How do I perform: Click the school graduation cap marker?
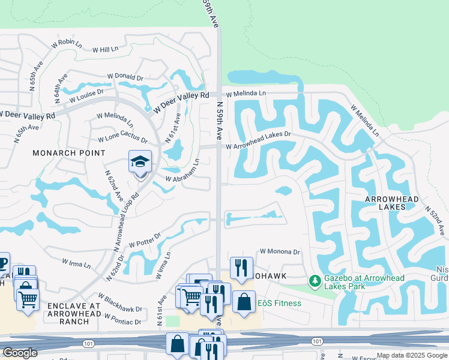pyautogui.click(x=140, y=163)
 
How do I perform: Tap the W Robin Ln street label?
pyautogui.click(x=66, y=43)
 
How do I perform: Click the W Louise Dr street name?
pyautogui.click(x=86, y=95)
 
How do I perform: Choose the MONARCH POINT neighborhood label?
pyautogui.click(x=66, y=153)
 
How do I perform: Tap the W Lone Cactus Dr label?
pyautogui.click(x=122, y=139)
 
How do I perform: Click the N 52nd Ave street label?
pyautogui.click(x=435, y=221)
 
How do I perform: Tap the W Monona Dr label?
pyautogui.click(x=279, y=252)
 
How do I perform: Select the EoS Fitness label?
pyautogui.click(x=280, y=303)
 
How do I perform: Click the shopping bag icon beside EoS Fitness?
pyautogui.click(x=244, y=302)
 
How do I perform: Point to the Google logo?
pyautogui.click(x=20, y=352)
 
